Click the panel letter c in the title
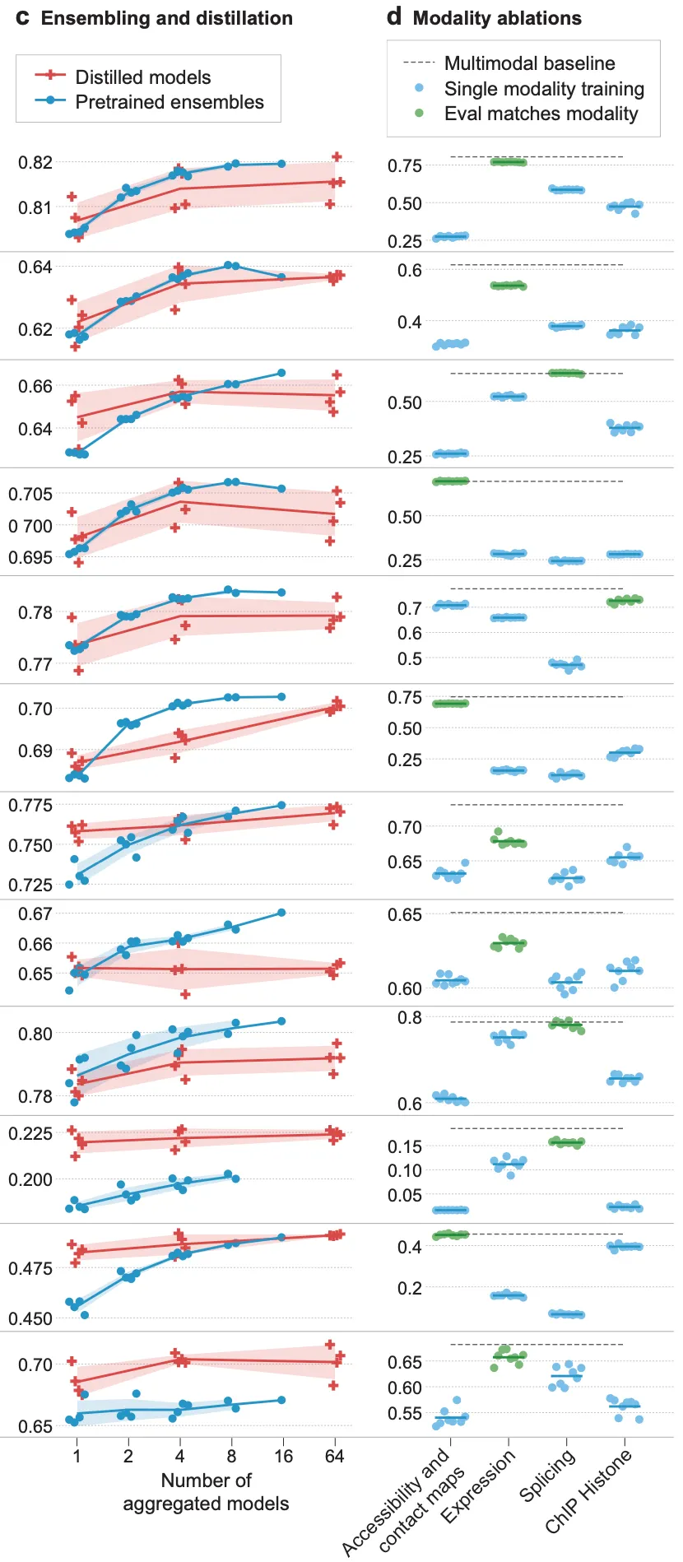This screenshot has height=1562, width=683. [x=22, y=18]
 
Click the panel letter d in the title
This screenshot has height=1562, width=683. [x=394, y=17]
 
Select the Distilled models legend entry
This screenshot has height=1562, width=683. [x=142, y=77]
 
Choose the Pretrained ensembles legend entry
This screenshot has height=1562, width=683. [x=170, y=102]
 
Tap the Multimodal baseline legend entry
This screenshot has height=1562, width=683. [x=529, y=63]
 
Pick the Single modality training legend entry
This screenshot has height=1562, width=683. [x=544, y=89]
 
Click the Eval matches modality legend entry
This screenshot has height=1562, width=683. [x=541, y=114]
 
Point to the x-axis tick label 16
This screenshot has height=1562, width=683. [x=283, y=1456]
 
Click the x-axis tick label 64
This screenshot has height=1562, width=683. [x=334, y=1456]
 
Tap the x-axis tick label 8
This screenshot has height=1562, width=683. [x=231, y=1456]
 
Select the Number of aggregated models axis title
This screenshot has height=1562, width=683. [x=206, y=1491]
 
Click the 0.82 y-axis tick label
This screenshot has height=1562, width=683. [x=35, y=162]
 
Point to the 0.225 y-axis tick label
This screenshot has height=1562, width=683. [x=30, y=1133]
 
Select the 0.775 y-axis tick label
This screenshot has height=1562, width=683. [x=30, y=805]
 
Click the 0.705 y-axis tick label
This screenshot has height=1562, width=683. [x=30, y=494]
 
